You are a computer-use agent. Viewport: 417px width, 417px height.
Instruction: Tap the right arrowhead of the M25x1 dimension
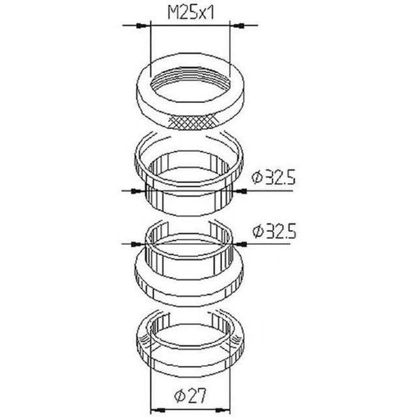[x=237, y=26]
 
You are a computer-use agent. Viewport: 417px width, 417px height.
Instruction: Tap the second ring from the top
[x=190, y=173]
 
